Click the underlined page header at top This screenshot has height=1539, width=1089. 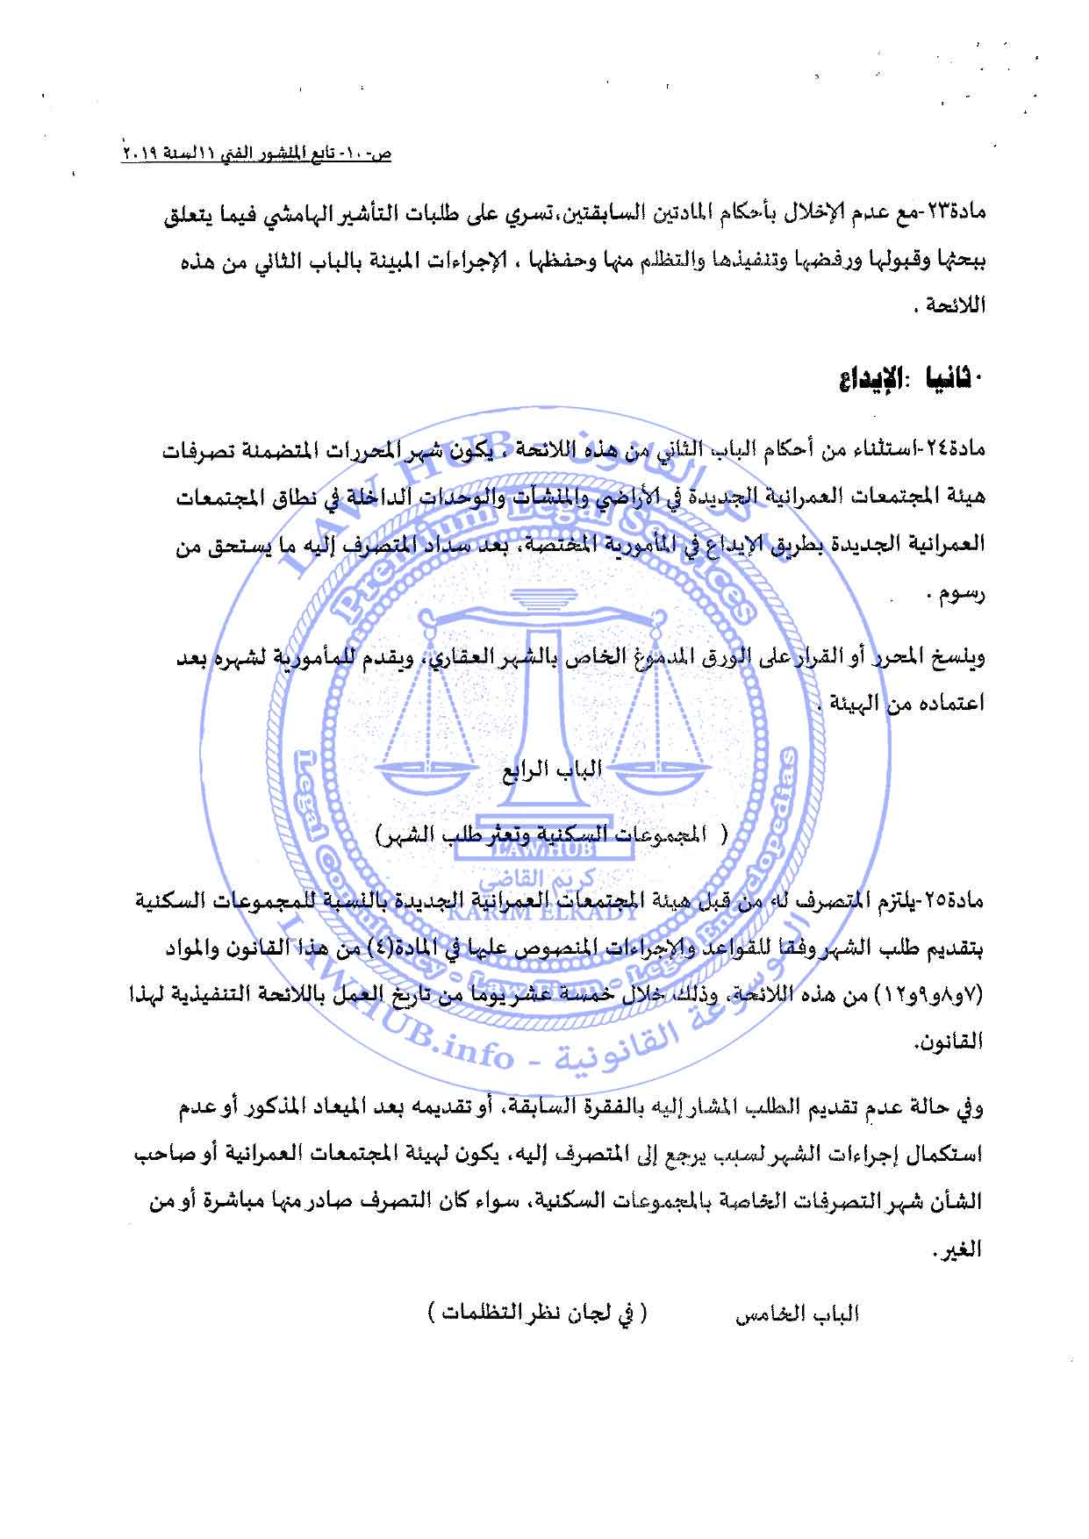click(x=257, y=154)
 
